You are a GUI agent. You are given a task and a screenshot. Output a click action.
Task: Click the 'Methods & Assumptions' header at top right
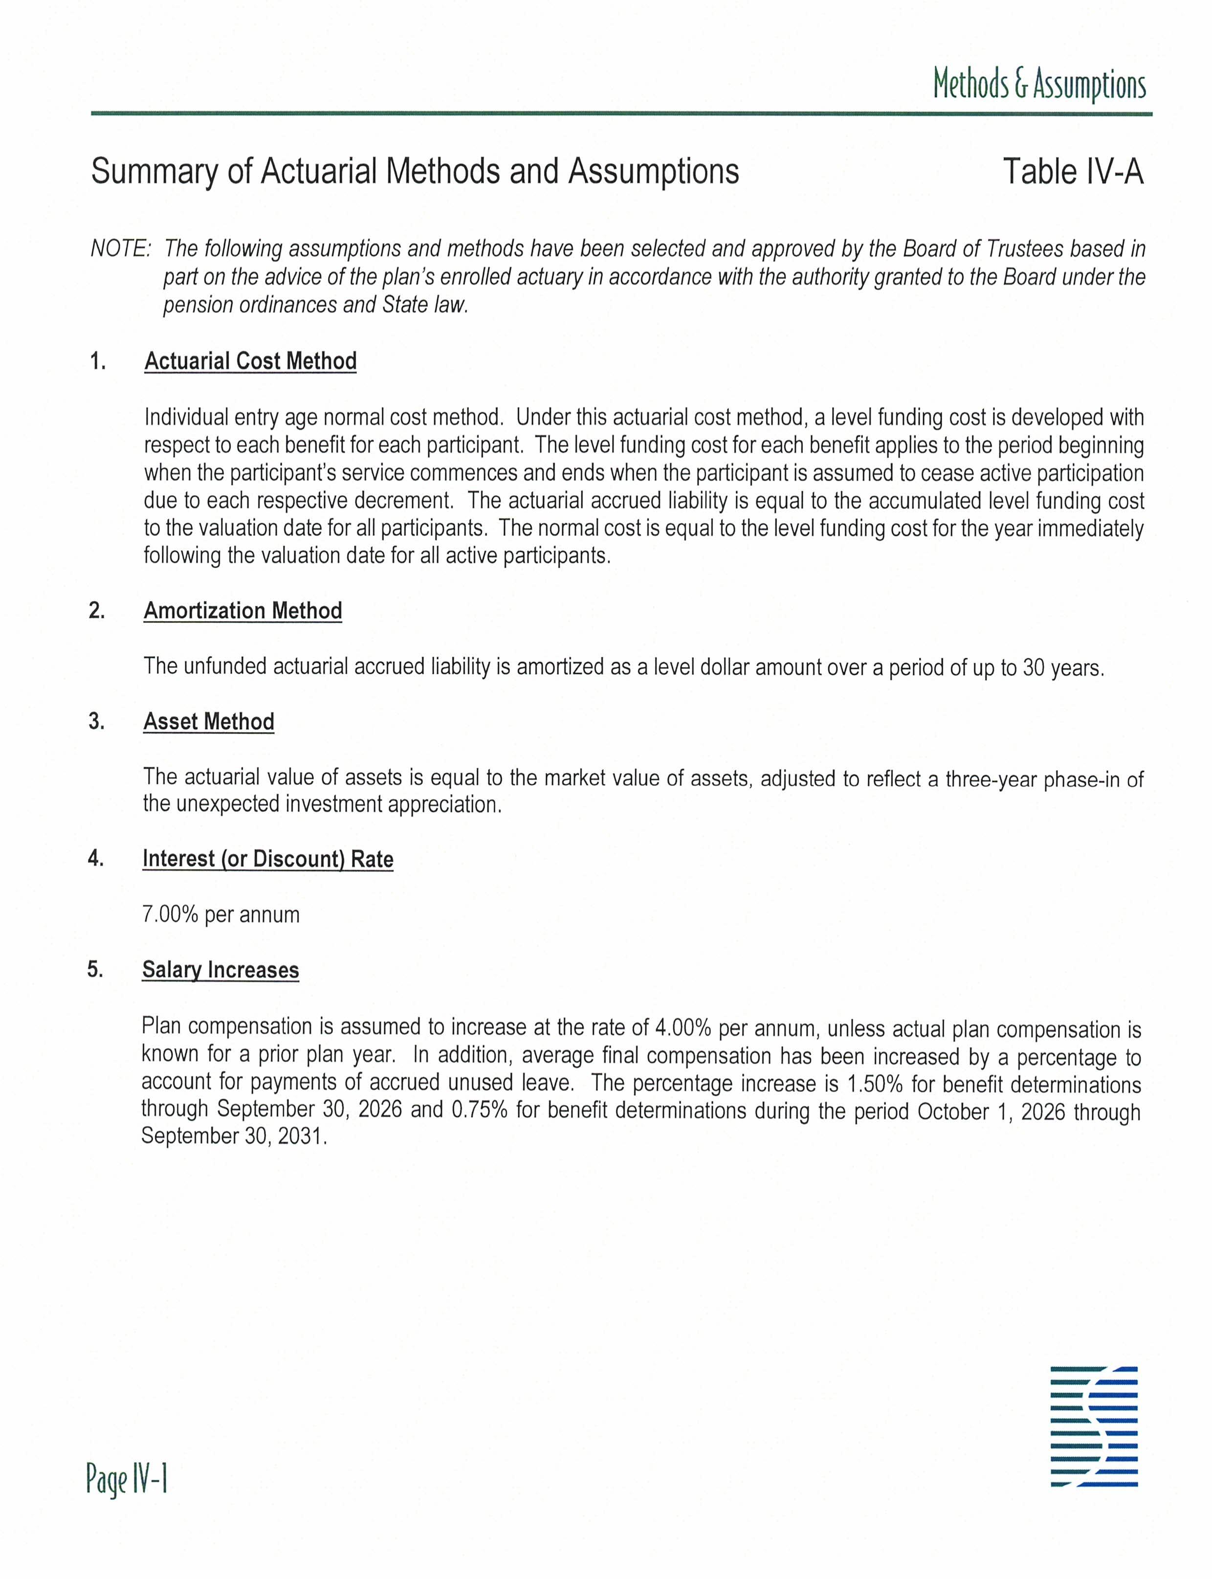pyautogui.click(x=1039, y=85)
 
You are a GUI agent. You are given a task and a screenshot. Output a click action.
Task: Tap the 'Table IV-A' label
pyautogui.click(x=1072, y=172)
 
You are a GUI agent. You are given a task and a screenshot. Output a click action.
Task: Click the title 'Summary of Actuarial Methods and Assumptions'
pyautogui.click(x=415, y=172)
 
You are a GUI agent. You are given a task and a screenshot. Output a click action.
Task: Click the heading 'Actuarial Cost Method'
pyautogui.click(x=250, y=361)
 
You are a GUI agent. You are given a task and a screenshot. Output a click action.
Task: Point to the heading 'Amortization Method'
pyautogui.click(x=242, y=611)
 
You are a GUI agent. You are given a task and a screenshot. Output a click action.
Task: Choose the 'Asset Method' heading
pyautogui.click(x=208, y=722)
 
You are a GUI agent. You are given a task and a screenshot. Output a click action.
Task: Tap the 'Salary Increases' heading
pyautogui.click(x=220, y=970)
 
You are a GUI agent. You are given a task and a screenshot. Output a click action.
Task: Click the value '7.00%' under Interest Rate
pyautogui.click(x=170, y=914)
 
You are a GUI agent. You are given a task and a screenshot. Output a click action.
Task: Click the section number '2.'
pyautogui.click(x=97, y=611)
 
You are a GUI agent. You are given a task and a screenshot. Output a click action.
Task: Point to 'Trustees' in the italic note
pyautogui.click(x=1024, y=249)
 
